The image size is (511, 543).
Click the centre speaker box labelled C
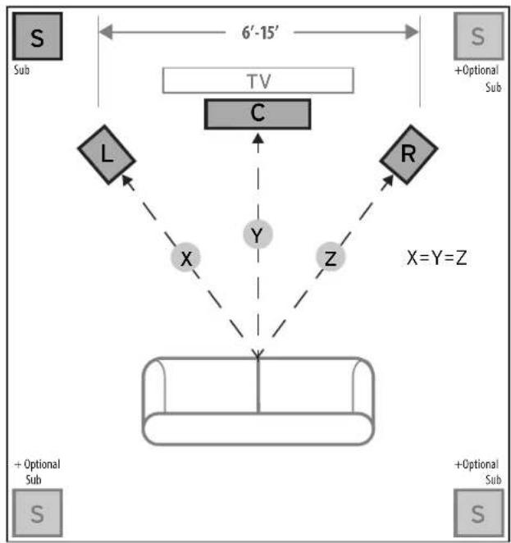pos(258,114)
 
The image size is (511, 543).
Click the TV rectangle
pos(258,80)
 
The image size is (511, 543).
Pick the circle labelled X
pos(186,258)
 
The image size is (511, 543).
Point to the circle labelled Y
pos(258,236)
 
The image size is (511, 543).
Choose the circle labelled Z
pos(331,258)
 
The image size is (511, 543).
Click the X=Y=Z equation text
pos(437,258)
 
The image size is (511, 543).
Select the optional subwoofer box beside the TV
pos(477,36)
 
